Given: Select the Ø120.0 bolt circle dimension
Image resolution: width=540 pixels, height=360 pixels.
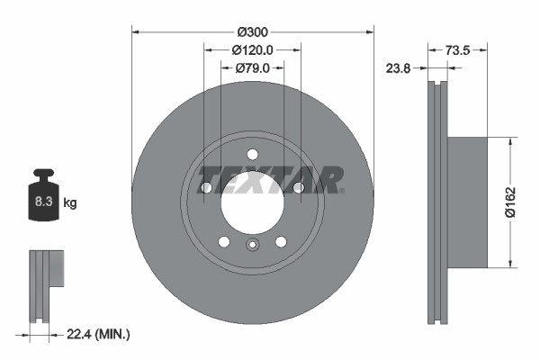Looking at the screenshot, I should pos(252,49).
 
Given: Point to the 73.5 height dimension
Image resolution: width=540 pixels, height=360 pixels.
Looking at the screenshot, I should pos(459,51).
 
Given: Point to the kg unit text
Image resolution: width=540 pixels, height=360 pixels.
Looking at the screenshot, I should pos(70,203).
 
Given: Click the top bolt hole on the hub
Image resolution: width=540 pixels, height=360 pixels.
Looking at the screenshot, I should pos(252,153).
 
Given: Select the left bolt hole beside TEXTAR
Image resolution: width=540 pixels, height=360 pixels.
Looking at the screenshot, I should pos(206,187).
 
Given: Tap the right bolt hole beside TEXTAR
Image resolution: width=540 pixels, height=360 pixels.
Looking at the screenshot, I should pos(297,187).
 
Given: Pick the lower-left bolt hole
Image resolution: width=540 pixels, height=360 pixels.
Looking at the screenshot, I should pos(223,240).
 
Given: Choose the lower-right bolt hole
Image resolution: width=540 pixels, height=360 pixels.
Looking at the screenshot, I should pos(281,240).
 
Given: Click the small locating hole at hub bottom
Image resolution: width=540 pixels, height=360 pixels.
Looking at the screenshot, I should pos(252,244).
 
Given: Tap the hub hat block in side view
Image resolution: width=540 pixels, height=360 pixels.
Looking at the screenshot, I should pos(467,202).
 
